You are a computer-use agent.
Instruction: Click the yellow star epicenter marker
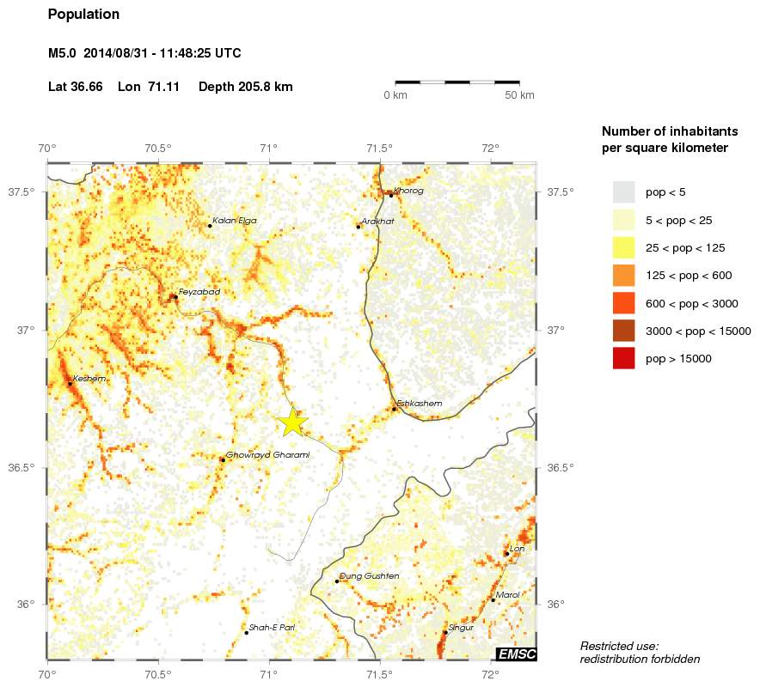pos(292,421)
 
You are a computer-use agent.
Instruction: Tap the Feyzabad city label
pos(199,292)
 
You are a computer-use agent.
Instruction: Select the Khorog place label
pos(408,191)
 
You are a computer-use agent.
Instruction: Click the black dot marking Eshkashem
pos(394,409)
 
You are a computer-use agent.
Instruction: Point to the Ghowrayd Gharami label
pos(267,455)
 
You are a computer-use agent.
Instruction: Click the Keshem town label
pos(89,379)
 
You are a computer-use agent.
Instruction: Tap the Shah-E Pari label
pos(272,628)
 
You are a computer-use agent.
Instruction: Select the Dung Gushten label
pos(370,576)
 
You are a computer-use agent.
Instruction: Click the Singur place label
pos(462,628)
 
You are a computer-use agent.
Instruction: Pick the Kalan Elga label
pos(234,221)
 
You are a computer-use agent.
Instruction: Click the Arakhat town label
pos(378,222)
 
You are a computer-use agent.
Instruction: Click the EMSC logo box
pos(517,654)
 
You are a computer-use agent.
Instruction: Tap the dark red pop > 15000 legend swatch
pos(623,359)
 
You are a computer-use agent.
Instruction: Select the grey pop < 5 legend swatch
pos(623,192)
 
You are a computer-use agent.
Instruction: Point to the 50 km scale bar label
pos(519,94)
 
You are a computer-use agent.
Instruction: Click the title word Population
pos(84,15)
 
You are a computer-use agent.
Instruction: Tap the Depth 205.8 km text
pos(246,87)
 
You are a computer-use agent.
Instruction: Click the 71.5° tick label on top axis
pos(379,148)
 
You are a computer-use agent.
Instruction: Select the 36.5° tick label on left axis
pos(21,468)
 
